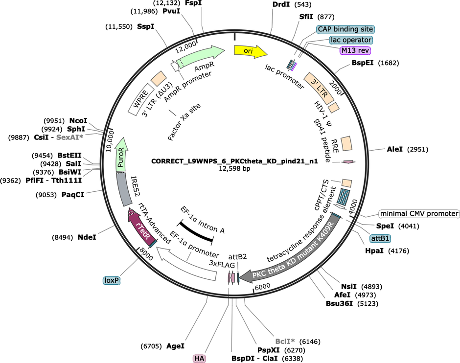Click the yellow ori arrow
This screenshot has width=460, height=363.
(250, 51)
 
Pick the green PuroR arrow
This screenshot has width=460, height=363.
(122, 156)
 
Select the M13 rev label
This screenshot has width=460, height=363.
(355, 50)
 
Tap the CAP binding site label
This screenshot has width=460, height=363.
(345, 29)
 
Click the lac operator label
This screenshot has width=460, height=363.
(351, 40)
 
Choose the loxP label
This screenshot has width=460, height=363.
(112, 281)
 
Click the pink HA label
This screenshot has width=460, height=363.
(199, 358)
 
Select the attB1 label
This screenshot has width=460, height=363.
(380, 238)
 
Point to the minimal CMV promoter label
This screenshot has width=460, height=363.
(419, 214)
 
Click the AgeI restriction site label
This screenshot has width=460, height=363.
(175, 346)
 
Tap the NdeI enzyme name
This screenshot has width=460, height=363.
(87, 237)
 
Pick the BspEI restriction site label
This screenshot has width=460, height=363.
(363, 63)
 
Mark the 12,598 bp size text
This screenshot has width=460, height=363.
(234, 169)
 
